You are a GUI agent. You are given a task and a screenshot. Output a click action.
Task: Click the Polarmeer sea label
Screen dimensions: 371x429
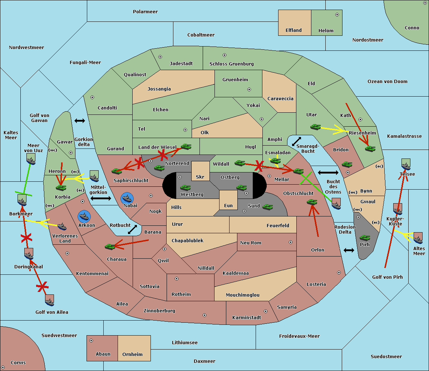point(145,12)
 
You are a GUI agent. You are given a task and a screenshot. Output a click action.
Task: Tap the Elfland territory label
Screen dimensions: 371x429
point(294,30)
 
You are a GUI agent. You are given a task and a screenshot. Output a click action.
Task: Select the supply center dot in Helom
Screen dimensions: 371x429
point(337,15)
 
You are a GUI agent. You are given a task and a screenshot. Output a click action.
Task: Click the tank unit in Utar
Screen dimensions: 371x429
point(315,127)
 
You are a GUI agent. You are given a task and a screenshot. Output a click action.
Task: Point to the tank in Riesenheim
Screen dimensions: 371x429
point(370,148)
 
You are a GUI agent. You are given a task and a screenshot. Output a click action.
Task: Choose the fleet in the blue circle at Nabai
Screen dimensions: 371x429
point(127,198)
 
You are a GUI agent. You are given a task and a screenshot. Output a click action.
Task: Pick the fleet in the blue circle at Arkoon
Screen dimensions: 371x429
point(84,216)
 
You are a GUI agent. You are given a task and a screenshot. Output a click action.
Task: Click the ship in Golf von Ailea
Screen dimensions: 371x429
point(50,301)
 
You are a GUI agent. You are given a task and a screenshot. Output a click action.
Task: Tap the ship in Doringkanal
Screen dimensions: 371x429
point(29,254)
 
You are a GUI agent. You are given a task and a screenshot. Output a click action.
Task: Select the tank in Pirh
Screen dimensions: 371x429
point(365,238)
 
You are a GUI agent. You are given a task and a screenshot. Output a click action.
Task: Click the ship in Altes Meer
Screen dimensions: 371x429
point(418,238)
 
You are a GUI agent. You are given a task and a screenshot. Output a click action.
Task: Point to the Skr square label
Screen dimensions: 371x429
point(200,177)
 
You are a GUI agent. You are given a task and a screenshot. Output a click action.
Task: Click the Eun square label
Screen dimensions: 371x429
point(228,205)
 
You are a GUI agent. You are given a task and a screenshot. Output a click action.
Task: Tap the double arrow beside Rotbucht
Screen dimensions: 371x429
point(133,229)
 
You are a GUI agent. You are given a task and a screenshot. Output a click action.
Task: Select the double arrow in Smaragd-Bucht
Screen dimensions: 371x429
point(297,141)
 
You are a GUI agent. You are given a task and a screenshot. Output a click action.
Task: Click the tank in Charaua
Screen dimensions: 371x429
point(110,246)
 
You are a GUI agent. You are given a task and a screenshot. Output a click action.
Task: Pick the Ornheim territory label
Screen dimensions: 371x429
point(132,354)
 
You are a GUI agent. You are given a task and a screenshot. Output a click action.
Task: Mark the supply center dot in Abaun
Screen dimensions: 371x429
point(91,341)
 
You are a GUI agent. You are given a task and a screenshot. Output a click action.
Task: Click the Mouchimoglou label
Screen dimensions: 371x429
point(243,295)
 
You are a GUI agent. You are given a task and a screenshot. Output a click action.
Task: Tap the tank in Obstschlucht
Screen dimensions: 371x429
point(312,202)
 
